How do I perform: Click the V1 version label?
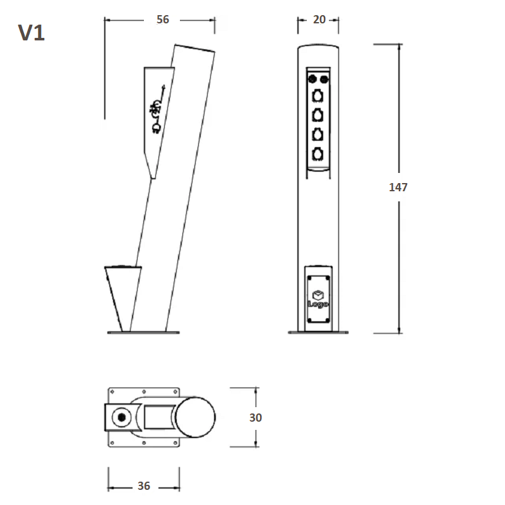(31, 33)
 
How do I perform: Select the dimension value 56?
(163, 20)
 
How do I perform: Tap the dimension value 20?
(319, 20)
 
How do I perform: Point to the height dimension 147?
(398, 187)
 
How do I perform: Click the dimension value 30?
(256, 418)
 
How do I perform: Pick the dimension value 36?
(144, 486)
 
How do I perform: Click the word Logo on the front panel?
(318, 304)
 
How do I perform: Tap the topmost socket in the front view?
(318, 96)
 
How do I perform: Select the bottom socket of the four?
(318, 154)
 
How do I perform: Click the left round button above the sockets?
(312, 78)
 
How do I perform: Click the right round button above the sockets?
(324, 79)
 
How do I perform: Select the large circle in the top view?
(195, 417)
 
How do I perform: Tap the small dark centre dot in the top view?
(122, 417)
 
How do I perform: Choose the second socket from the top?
(318, 116)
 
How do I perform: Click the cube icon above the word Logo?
(318, 295)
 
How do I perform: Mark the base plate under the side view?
(143, 333)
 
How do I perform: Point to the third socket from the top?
(318, 134)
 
